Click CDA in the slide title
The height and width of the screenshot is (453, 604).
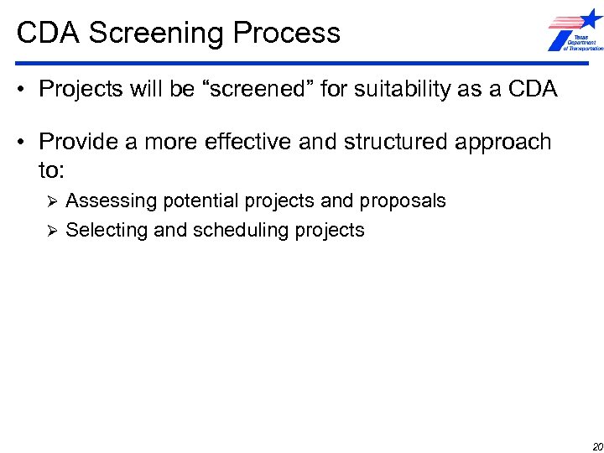pos(49,34)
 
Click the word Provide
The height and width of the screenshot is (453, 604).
pos(80,142)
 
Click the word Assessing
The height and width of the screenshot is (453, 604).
pos(112,201)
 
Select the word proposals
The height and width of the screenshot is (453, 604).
pos(403,201)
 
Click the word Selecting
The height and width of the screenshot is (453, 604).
pos(107,230)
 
